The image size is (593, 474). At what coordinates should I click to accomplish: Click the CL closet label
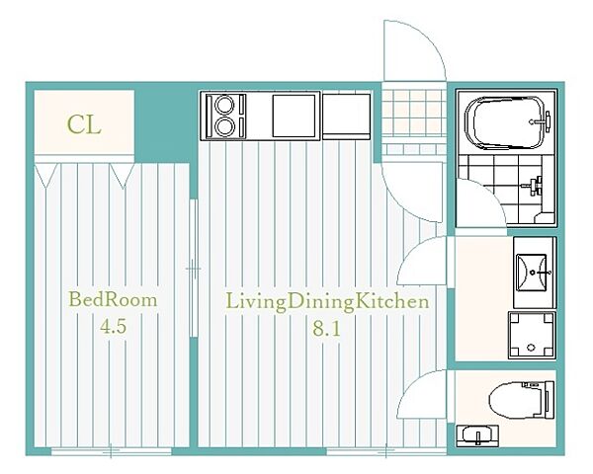tap(84, 124)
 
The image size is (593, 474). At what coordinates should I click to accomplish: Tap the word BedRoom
tap(113, 300)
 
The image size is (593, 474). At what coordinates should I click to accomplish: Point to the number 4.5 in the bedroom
tap(113, 327)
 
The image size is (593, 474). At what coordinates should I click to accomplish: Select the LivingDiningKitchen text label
tap(327, 301)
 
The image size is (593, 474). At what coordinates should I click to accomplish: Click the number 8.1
tap(327, 329)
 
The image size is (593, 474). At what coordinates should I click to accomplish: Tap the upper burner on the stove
tap(224, 105)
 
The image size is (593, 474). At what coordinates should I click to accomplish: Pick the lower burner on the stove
tap(224, 126)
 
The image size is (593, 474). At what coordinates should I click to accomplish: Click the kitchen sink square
tap(294, 116)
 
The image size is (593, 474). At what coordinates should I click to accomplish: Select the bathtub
tap(507, 122)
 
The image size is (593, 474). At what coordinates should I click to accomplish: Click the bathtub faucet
tap(542, 121)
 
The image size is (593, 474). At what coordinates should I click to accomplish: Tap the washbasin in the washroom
tap(532, 273)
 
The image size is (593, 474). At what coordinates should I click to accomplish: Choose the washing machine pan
tap(532, 335)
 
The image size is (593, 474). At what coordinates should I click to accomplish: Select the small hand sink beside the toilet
tap(477, 435)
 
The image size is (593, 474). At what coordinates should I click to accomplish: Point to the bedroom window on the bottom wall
tap(111, 451)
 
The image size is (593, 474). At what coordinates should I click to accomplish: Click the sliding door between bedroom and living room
tap(194, 268)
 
